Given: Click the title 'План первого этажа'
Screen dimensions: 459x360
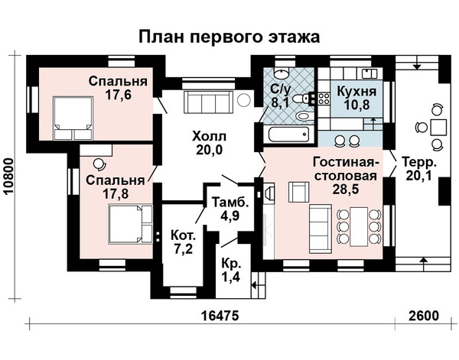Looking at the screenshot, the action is pyautogui.click(x=229, y=37).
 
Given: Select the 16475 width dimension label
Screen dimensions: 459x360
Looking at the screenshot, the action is pyautogui.click(x=220, y=316).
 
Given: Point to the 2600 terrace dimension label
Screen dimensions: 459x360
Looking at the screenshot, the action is pyautogui.click(x=424, y=316).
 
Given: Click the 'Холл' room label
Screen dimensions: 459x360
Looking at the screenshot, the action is pyautogui.click(x=210, y=137).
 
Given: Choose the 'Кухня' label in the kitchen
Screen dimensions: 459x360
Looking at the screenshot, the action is pyautogui.click(x=356, y=92).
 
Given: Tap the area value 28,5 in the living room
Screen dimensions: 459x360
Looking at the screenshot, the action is pyautogui.click(x=346, y=190).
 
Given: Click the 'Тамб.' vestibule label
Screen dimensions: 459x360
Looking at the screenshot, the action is pyautogui.click(x=230, y=203).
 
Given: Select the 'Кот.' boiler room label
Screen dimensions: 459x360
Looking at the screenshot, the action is pyautogui.click(x=184, y=235).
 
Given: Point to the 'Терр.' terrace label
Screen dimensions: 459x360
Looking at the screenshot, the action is pyautogui.click(x=419, y=162).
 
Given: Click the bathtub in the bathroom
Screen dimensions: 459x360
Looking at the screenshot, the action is pyautogui.click(x=288, y=135).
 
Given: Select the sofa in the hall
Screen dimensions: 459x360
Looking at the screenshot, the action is pyautogui.click(x=208, y=102).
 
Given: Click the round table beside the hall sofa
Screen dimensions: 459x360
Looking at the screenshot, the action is pyautogui.click(x=244, y=100).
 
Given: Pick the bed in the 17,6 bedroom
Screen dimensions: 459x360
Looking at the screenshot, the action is pyautogui.click(x=73, y=118).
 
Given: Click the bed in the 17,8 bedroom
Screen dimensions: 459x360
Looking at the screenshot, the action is pyautogui.click(x=131, y=224).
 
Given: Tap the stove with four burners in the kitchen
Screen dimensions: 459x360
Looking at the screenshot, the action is pyautogui.click(x=324, y=99).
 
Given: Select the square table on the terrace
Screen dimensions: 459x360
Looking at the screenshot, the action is pyautogui.click(x=438, y=127).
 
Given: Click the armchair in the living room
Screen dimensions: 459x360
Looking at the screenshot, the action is pyautogui.click(x=298, y=192).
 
